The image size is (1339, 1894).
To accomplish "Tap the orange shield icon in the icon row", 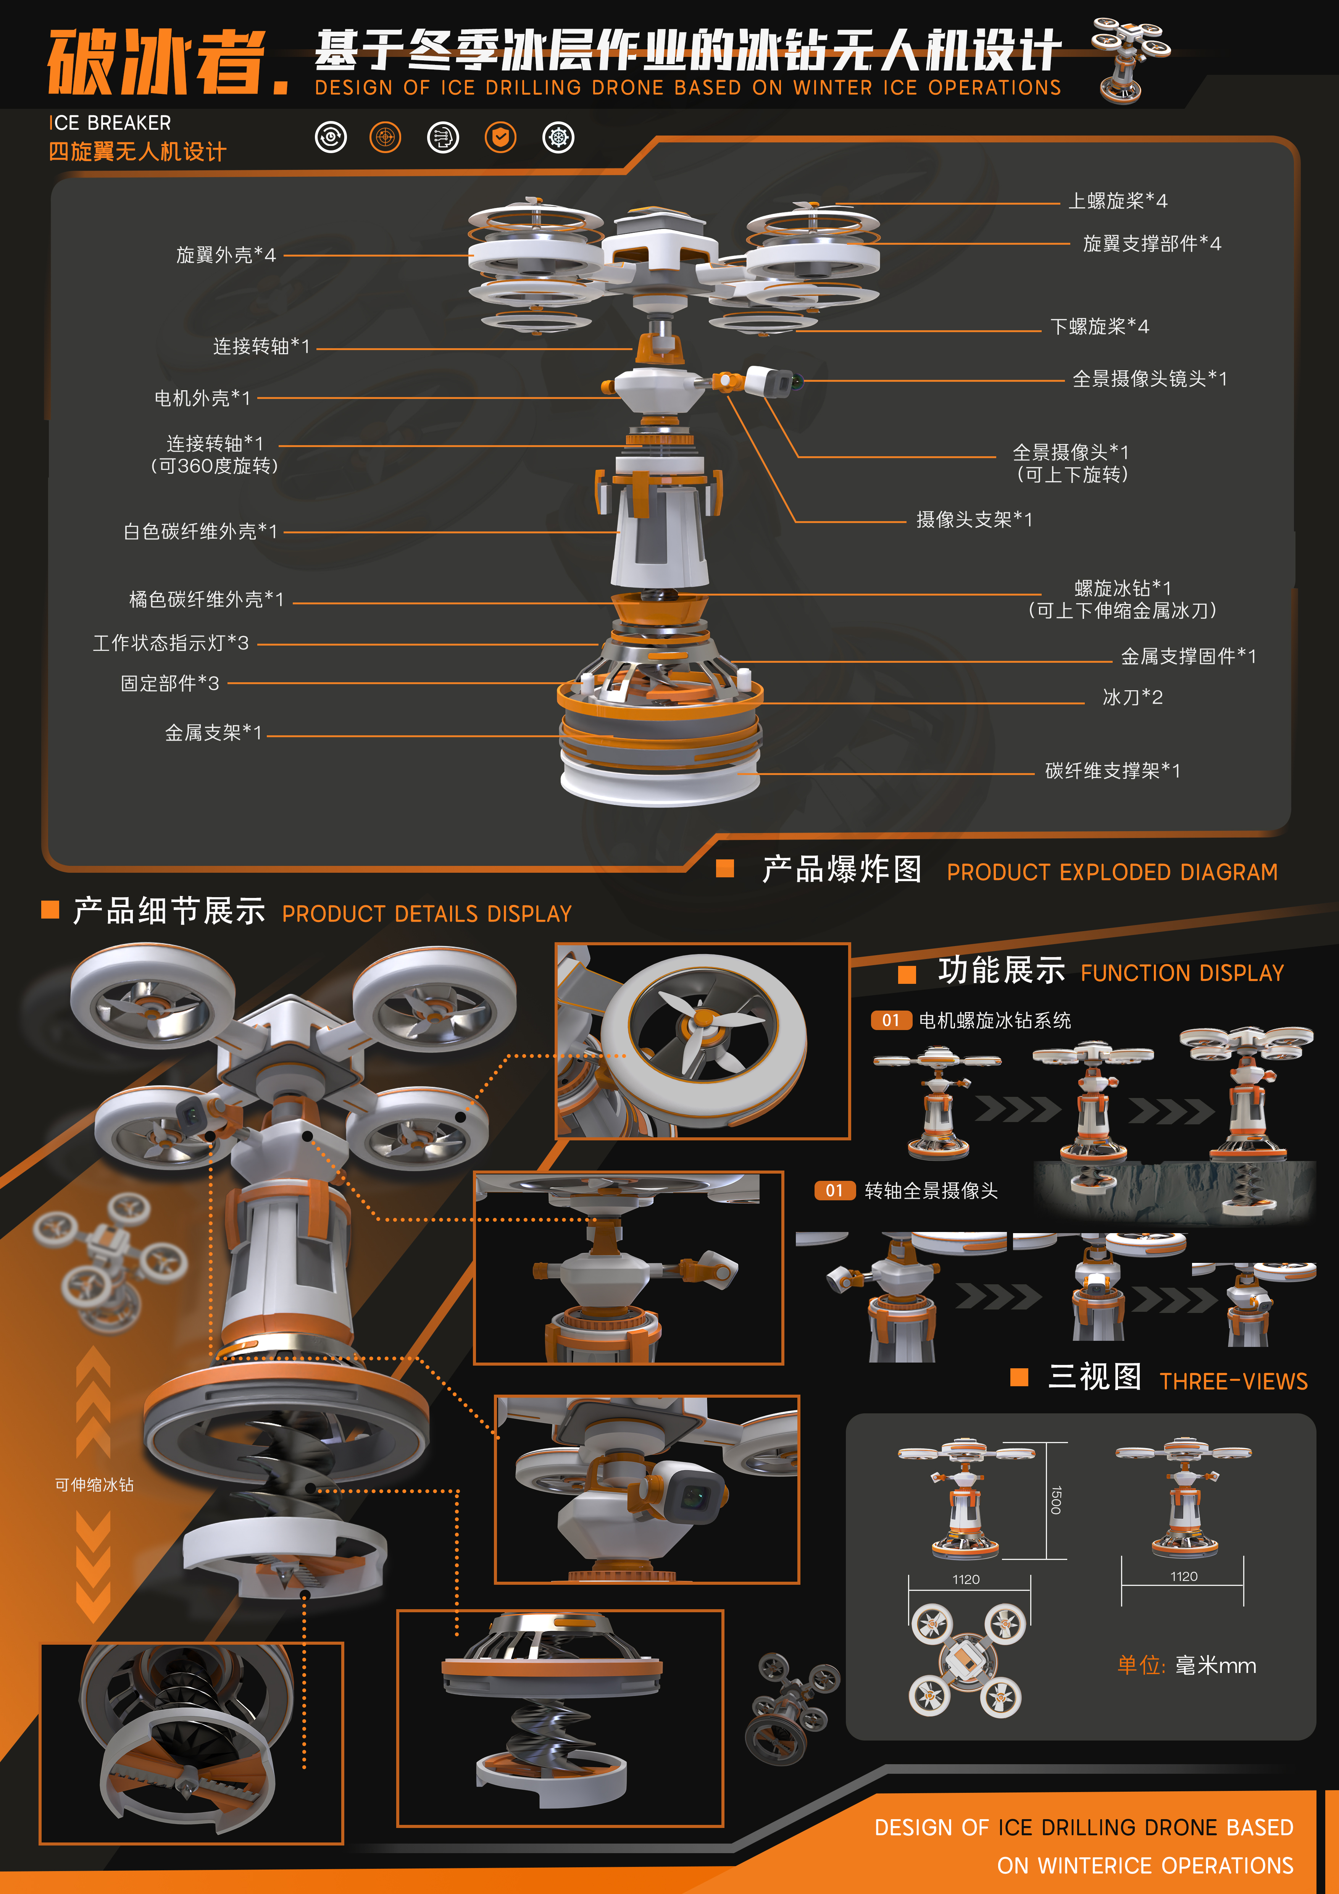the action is pyautogui.click(x=500, y=137).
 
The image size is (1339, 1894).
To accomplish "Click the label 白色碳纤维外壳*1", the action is pyautogui.click(x=200, y=531).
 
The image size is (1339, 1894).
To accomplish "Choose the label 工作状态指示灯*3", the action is pyautogui.click(x=171, y=643).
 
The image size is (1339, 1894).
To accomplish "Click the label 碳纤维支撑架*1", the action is pyautogui.click(x=1112, y=770).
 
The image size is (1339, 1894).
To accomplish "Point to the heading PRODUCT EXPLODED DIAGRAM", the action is pyautogui.click(x=1112, y=872).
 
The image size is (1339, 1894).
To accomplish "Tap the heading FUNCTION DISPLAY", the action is pyautogui.click(x=1183, y=974).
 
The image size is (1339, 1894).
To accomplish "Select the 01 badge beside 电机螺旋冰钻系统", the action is pyautogui.click(x=891, y=1020).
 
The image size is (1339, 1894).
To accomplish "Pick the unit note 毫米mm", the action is pyautogui.click(x=1215, y=1665).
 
